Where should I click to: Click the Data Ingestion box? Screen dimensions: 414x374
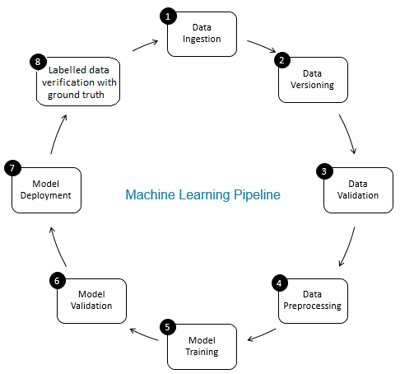pos(202,35)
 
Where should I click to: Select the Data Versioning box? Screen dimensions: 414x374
pos(313,80)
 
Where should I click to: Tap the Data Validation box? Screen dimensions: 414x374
pos(358,190)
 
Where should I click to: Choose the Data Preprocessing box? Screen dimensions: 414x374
pos(313,301)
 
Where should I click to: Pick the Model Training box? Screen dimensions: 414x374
pos(202,347)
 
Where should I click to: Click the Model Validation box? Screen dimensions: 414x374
pos(91,301)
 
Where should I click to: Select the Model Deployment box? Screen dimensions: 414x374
pos(46,190)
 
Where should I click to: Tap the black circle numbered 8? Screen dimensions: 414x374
pos(38,62)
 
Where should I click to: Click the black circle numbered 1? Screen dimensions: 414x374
pos(168,16)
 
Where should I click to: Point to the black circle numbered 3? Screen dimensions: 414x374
pos(324,171)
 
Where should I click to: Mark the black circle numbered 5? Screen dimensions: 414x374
pos(168,327)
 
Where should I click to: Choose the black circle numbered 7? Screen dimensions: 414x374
pos(12,168)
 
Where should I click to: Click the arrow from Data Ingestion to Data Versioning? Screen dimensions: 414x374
pos(262,45)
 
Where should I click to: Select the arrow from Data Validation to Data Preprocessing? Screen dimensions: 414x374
pos(348,246)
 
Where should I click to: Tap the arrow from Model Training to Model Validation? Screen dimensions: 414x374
pos(144,334)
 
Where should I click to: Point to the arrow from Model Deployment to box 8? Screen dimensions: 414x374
pos(58,134)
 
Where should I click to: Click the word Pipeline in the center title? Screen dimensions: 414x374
pos(257,195)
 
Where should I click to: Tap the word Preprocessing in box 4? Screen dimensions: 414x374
pos(313,306)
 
